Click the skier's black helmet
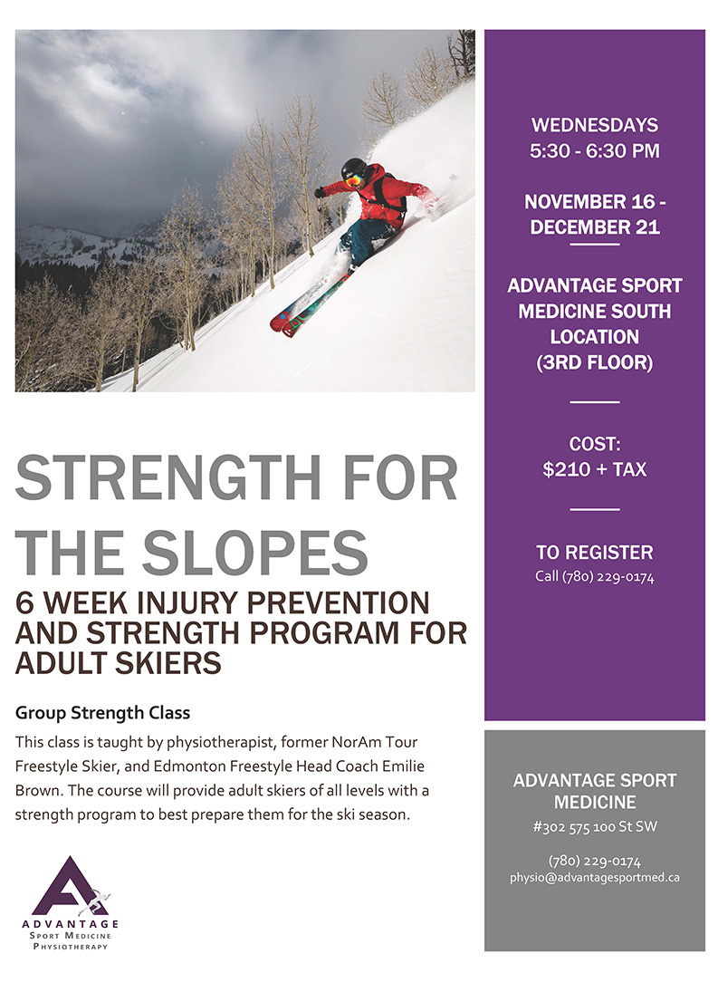pyautogui.click(x=354, y=168)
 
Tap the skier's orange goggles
pyautogui.click(x=355, y=179)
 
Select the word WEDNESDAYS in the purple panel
pyautogui.click(x=595, y=125)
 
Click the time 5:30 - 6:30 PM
pyautogui.click(x=595, y=151)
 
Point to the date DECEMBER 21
pyautogui.click(x=595, y=227)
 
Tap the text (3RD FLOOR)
pyautogui.click(x=595, y=362)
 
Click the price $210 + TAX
pyautogui.click(x=595, y=469)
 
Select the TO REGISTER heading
pyautogui.click(x=595, y=553)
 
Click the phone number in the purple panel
pyautogui.click(x=595, y=576)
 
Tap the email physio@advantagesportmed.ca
pyautogui.click(x=595, y=878)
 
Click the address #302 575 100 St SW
pyautogui.click(x=595, y=827)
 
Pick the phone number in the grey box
pyautogui.click(x=595, y=861)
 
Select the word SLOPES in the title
pyautogui.click(x=254, y=552)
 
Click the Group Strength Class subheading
pyautogui.click(x=102, y=713)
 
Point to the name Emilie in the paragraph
pyautogui.click(x=403, y=766)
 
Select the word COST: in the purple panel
pyautogui.click(x=595, y=444)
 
